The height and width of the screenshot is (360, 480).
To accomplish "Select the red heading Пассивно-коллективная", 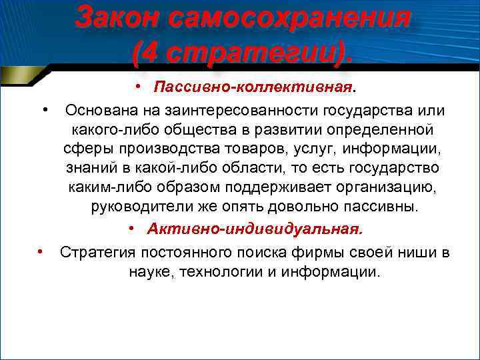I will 254,88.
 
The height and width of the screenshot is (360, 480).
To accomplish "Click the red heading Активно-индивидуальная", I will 255,229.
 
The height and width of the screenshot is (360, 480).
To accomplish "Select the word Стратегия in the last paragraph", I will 99,252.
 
